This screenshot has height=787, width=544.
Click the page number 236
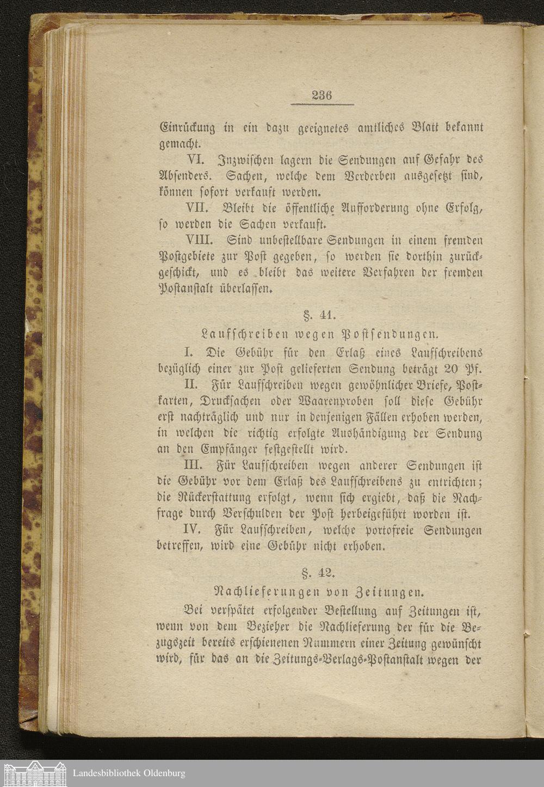(322, 95)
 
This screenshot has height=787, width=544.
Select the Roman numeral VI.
(195, 160)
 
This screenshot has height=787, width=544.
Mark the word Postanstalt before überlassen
(187, 288)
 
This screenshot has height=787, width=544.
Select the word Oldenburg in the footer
(164, 773)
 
